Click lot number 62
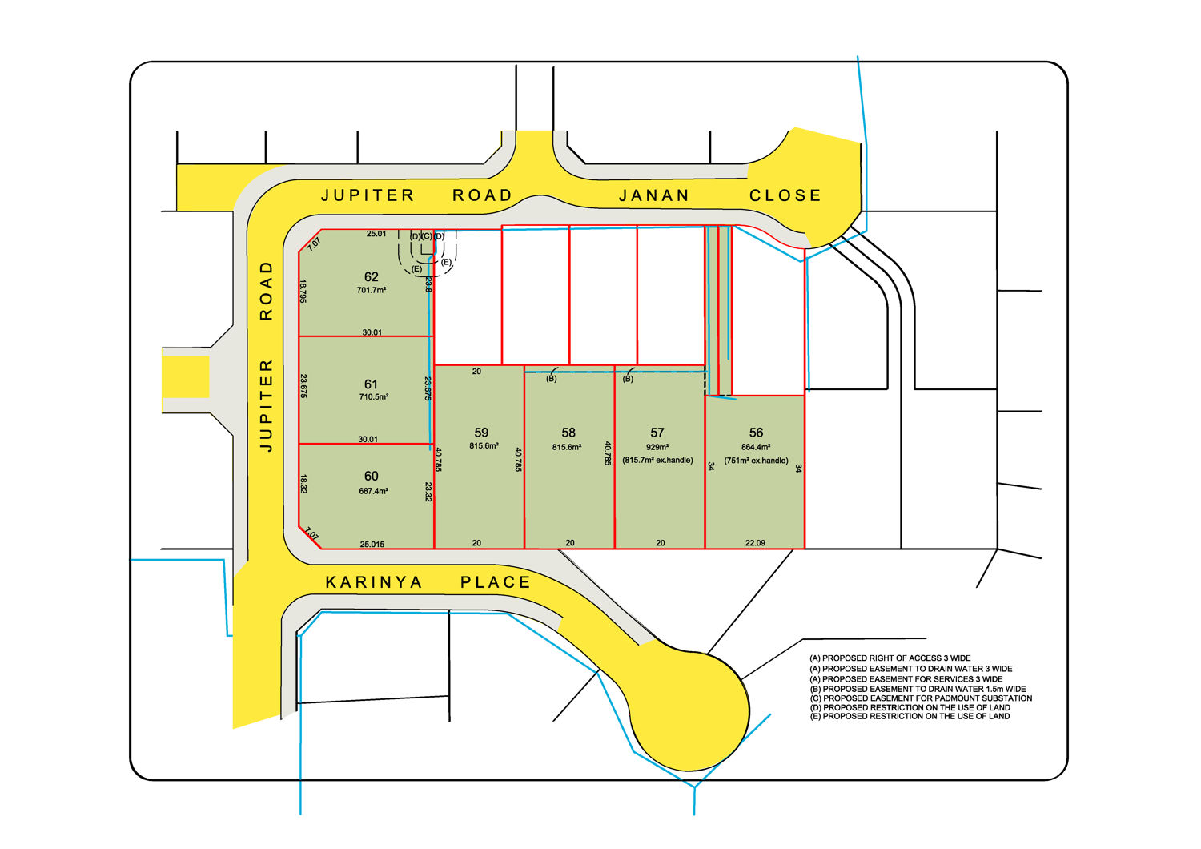pos(371,277)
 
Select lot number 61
pos(371,384)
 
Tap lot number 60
pos(371,477)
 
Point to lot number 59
pos(481,433)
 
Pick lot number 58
pos(568,433)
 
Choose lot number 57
pos(657,433)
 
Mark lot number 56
pos(756,433)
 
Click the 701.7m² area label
pos(372,291)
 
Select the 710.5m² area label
pos(374,397)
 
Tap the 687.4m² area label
pos(374,491)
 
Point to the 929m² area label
pos(657,448)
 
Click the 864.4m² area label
pos(756,448)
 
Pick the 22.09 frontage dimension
pos(755,543)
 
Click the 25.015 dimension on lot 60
pos(372,545)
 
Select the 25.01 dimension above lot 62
pos(376,234)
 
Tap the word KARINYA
pos(374,582)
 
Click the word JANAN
pos(653,195)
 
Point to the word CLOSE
pos(785,195)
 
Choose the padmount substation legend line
pos(921,698)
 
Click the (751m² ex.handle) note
pos(756,461)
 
